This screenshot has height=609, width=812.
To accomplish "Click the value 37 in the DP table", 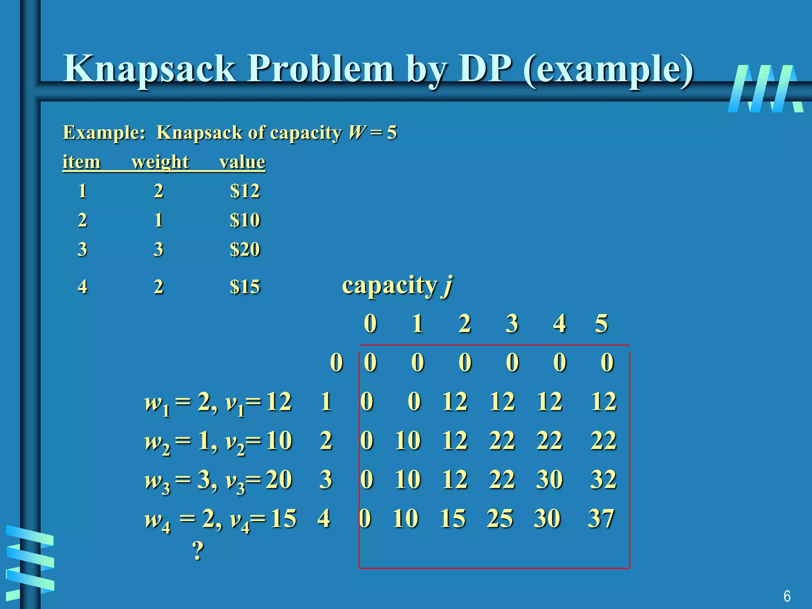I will point(601,518).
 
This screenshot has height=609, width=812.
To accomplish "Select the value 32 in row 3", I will point(603,479).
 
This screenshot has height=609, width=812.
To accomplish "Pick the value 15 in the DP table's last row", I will point(452,518).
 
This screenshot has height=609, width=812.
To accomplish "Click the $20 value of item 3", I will point(245,249).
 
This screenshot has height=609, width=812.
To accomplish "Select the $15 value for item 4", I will point(245,287).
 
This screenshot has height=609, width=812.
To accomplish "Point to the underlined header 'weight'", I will point(160,162).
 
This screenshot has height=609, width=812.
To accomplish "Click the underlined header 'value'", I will point(242,162).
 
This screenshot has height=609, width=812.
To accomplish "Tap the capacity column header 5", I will point(601,324).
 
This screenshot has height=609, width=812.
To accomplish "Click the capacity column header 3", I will point(512,324).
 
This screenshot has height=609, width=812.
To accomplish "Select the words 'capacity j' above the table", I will point(397,285).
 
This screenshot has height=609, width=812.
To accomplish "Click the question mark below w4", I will point(198,551).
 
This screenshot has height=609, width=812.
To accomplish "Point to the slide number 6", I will point(787,596).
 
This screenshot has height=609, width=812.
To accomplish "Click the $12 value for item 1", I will point(245,191).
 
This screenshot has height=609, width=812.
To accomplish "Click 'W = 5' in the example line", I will point(372,132).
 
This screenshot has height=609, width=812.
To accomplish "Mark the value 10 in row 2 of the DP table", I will point(407,440).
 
